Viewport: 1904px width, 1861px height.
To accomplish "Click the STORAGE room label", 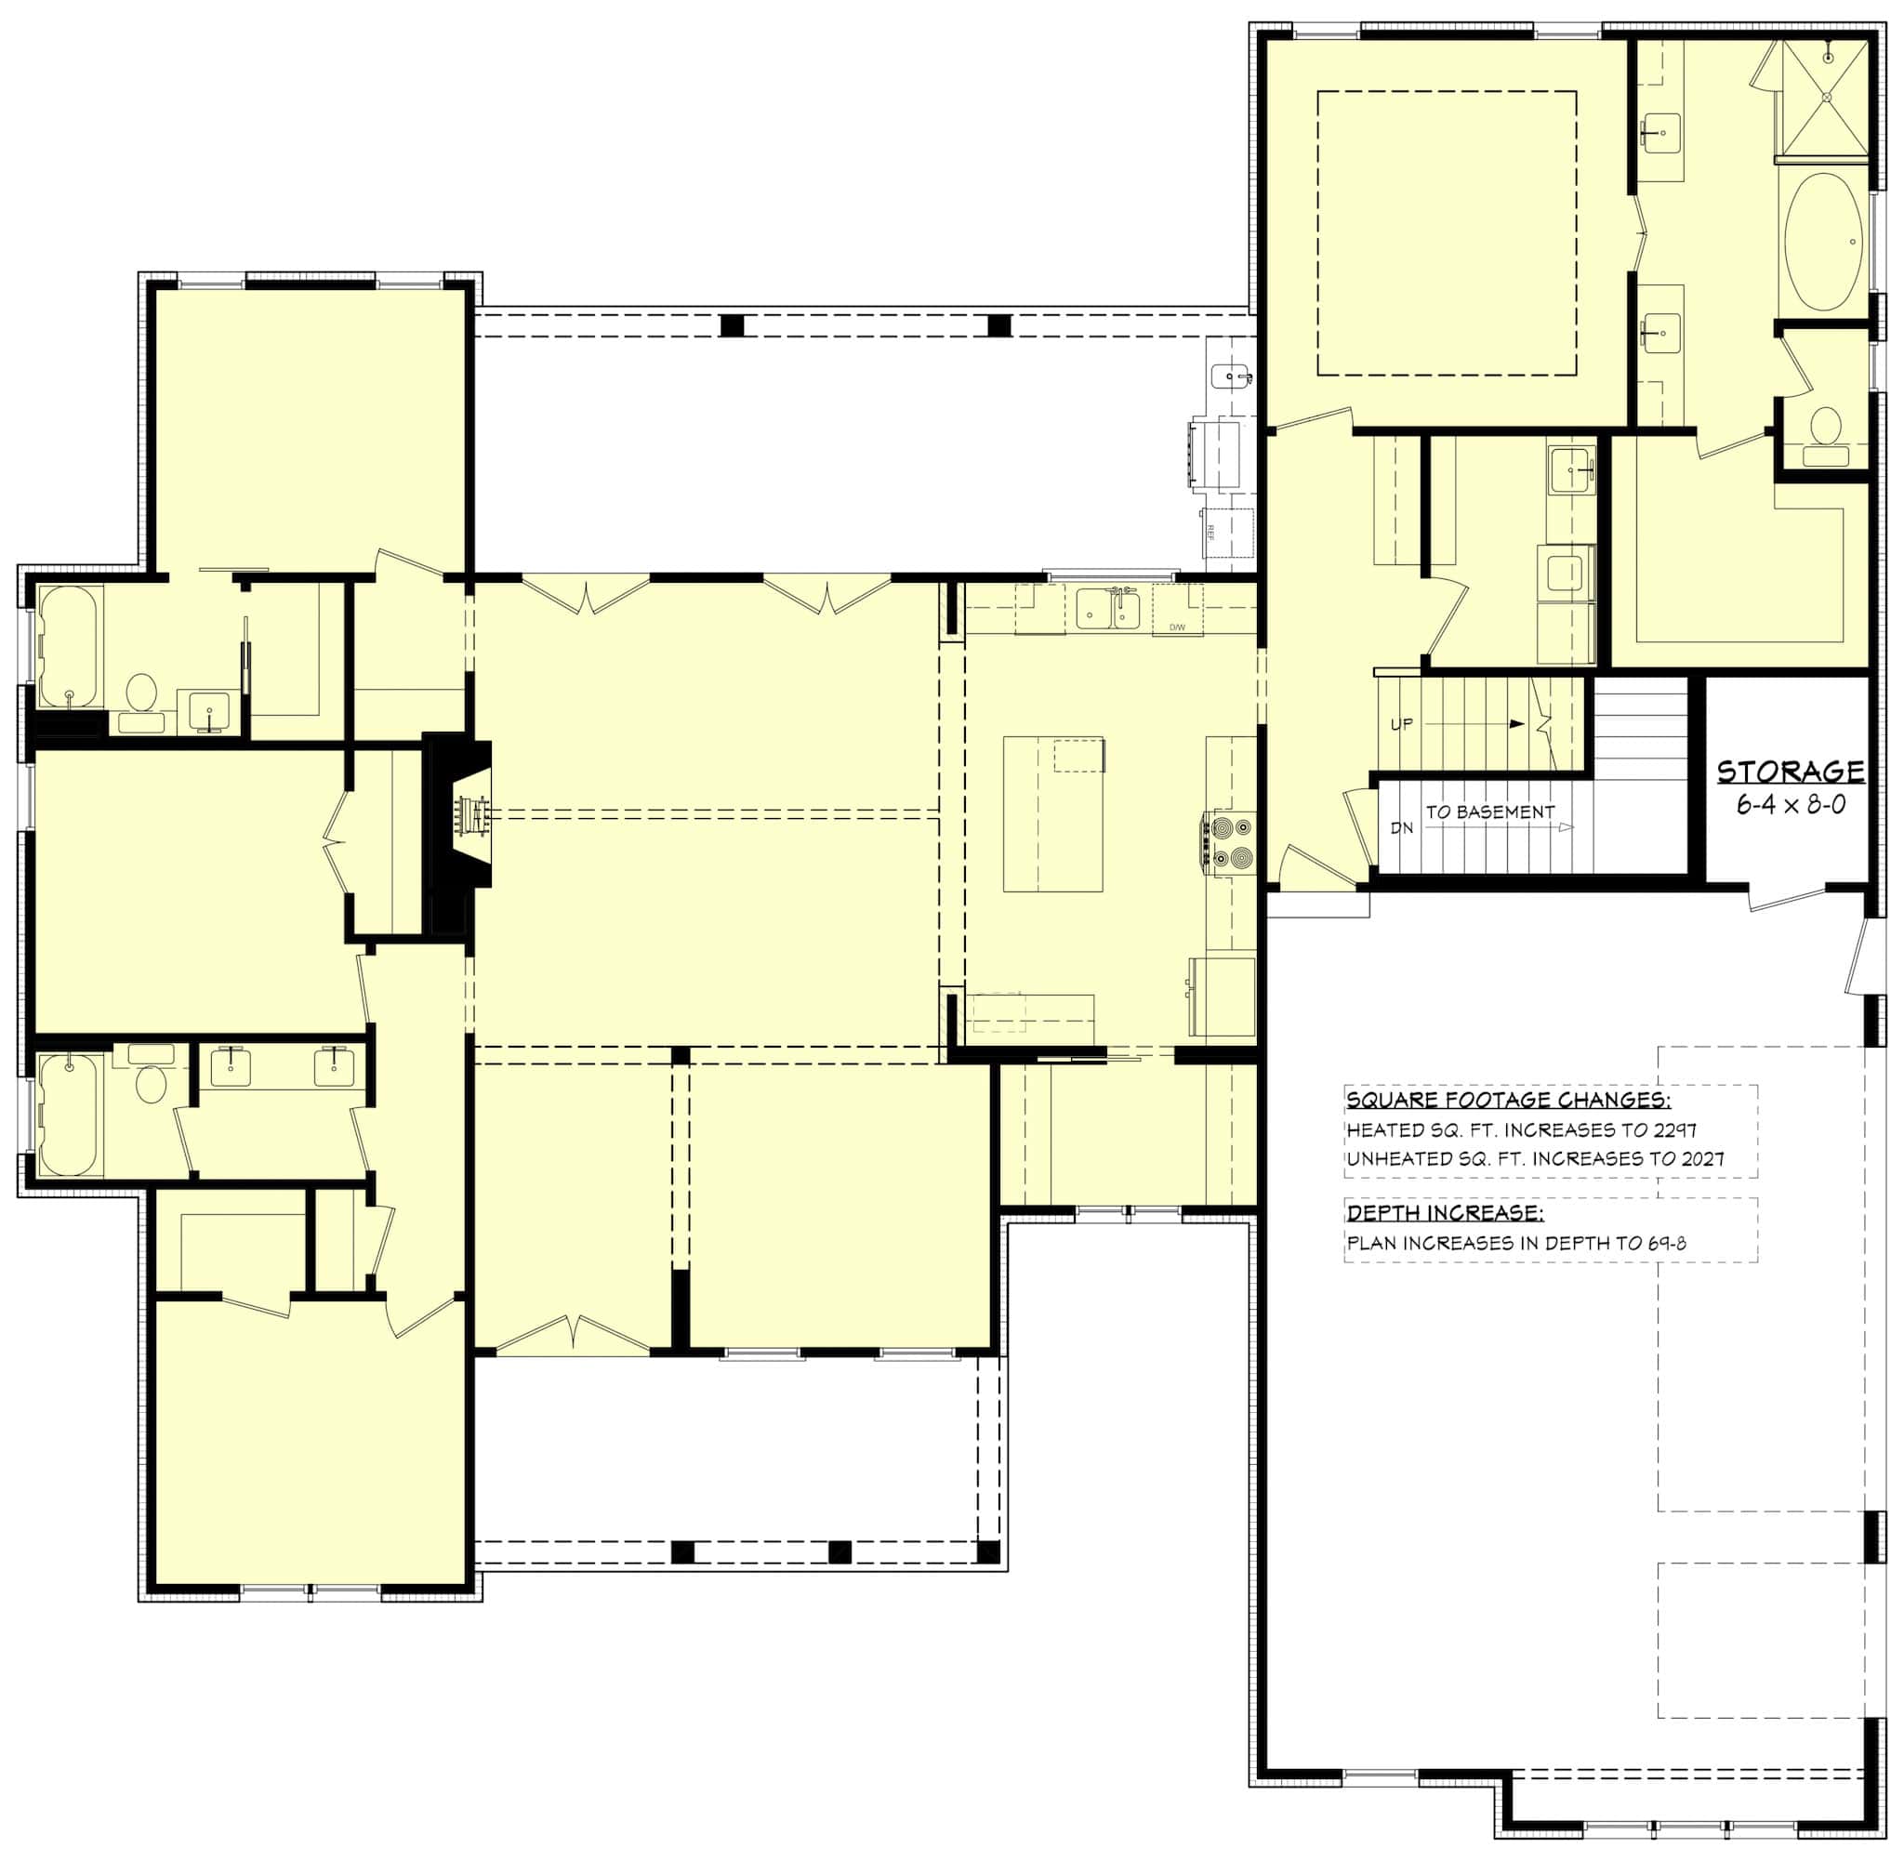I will click(x=1790, y=772).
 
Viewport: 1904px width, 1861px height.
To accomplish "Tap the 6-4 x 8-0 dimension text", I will click(x=1790, y=806).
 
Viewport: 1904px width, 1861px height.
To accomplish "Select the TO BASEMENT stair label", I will click(x=1489, y=812).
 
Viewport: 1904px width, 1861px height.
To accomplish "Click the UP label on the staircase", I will click(x=1401, y=725).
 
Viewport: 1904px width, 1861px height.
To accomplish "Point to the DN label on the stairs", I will click(x=1402, y=828).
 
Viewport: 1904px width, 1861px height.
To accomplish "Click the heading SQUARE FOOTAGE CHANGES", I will click(x=1508, y=1100).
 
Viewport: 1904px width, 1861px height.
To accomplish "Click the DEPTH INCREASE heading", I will click(x=1445, y=1213).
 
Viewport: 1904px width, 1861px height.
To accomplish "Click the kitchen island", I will click(x=1052, y=814).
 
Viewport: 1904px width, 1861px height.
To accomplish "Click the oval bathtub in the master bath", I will click(x=1824, y=243).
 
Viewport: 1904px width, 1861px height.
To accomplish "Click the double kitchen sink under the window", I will click(x=1107, y=610).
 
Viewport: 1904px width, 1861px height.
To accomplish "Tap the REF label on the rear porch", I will click(x=1210, y=533).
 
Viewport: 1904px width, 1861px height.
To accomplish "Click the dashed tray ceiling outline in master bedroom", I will click(x=1447, y=93).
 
